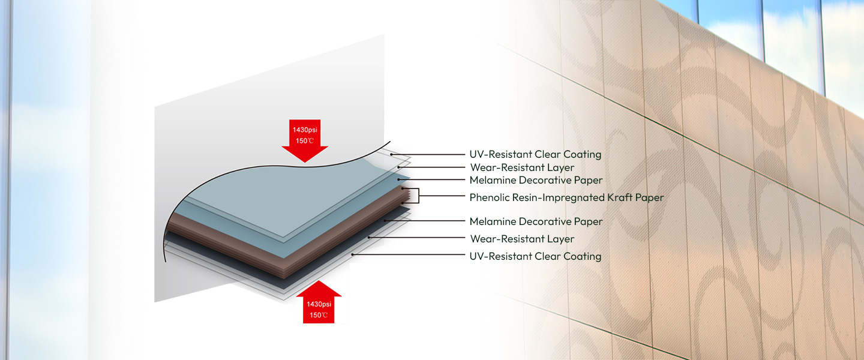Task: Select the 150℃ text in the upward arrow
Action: tap(318, 315)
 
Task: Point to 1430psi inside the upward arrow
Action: tap(318, 304)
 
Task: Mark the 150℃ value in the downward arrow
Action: tap(304, 141)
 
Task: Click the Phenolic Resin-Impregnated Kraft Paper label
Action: tap(566, 197)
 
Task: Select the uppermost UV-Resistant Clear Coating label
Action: tap(535, 154)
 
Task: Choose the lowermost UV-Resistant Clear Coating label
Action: tap(535, 256)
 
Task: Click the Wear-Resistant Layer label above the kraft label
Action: tap(522, 167)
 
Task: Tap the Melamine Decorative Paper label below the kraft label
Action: tap(536, 221)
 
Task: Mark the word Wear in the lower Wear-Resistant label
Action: tap(482, 239)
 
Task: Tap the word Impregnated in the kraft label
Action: tap(564, 197)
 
